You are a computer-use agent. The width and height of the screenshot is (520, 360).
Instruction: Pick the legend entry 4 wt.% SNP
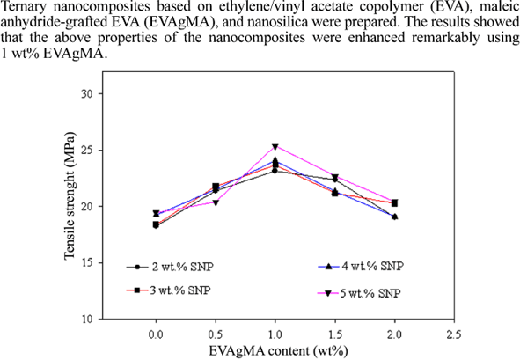(x=370, y=265)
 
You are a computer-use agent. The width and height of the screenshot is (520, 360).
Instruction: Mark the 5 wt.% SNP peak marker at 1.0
(x=275, y=147)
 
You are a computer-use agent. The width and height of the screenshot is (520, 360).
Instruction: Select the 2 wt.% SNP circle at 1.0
(x=275, y=171)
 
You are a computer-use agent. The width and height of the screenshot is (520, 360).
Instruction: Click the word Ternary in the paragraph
(x=27, y=8)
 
